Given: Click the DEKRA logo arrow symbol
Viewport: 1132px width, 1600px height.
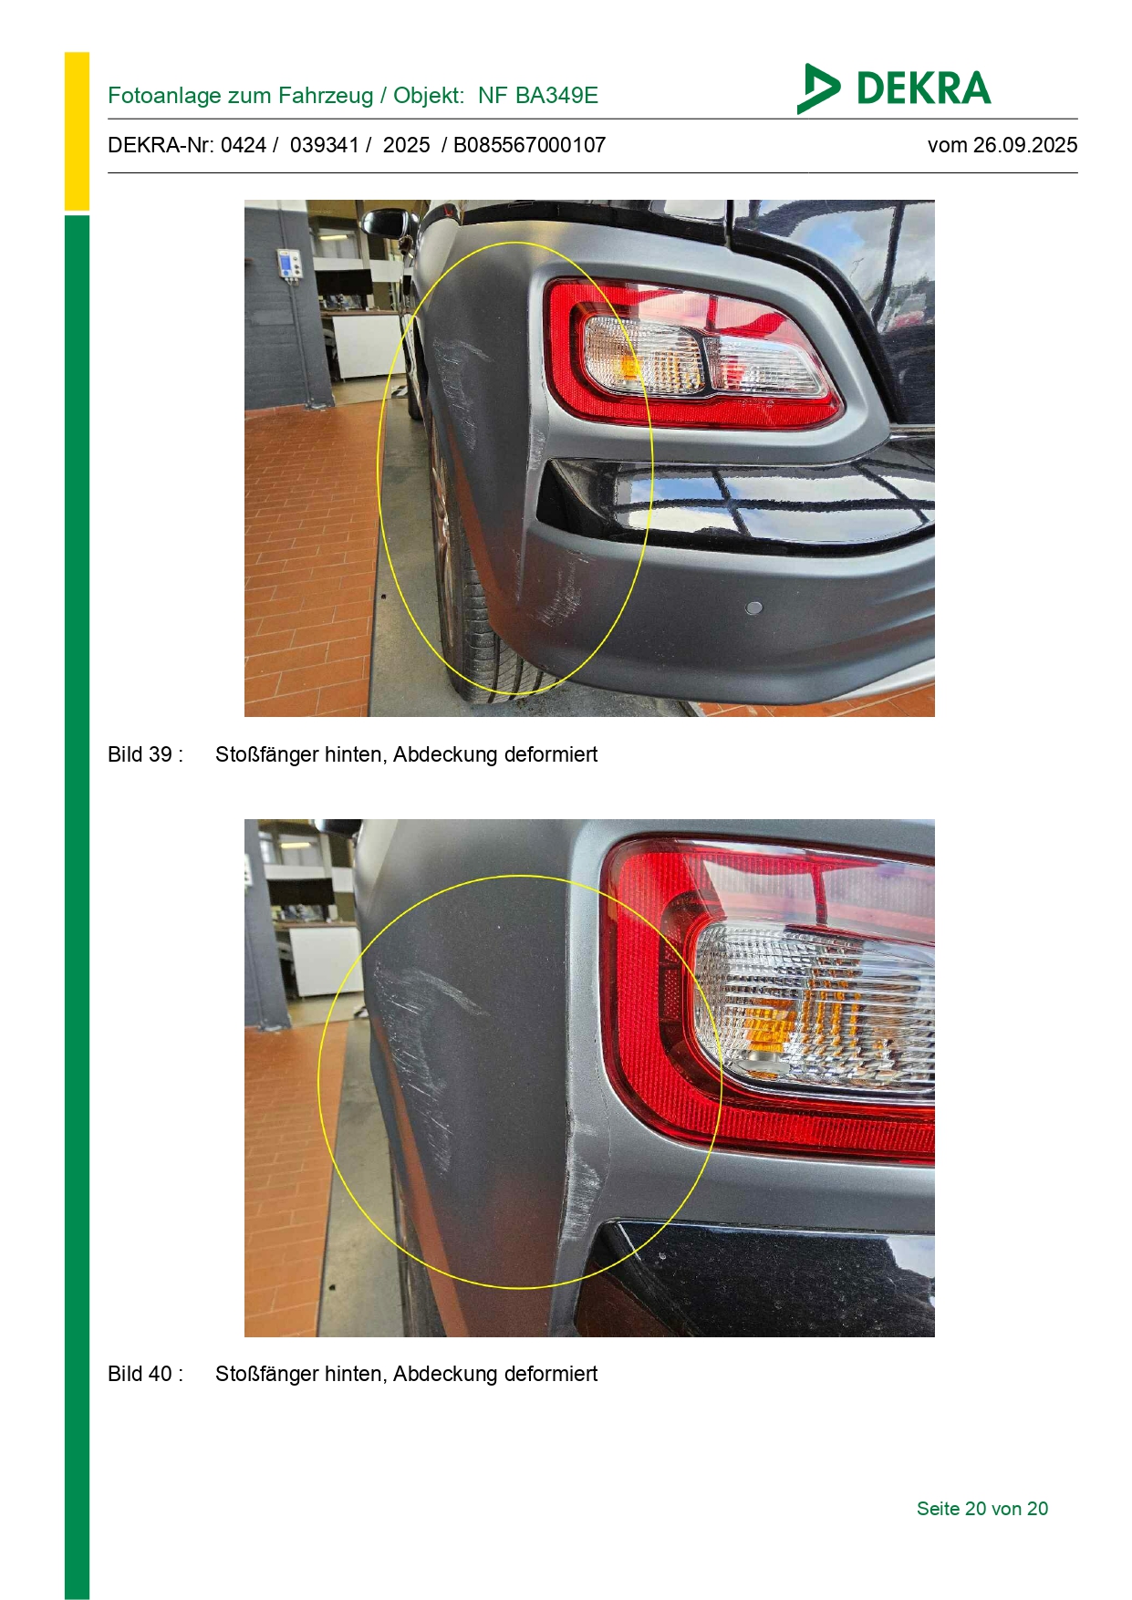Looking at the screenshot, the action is click(x=817, y=88).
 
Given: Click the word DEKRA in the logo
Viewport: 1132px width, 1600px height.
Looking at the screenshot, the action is click(x=923, y=88).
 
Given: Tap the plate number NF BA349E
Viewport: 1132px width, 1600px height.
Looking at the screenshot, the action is click(x=538, y=96).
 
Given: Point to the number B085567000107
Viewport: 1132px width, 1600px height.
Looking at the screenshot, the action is click(x=529, y=145).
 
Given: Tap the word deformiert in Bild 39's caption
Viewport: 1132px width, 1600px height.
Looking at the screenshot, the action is click(x=551, y=754).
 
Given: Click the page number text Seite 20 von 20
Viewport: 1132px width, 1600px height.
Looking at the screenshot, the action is click(x=982, y=1509).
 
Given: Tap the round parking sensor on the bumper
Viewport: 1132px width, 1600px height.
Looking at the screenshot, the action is click(x=753, y=608).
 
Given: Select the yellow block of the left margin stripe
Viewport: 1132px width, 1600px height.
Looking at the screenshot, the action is click(x=77, y=131).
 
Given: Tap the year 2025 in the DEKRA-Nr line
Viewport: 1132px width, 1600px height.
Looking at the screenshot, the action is click(x=406, y=145).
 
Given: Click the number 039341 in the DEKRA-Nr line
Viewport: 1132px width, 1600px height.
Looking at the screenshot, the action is click(x=325, y=145).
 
